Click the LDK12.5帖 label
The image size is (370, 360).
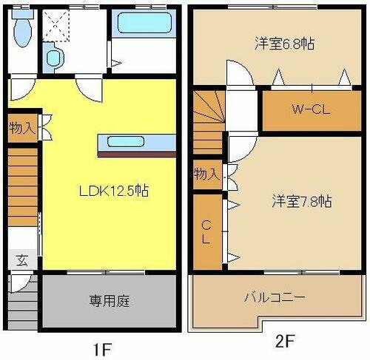coord(115,190)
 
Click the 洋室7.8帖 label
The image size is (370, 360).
coord(300,200)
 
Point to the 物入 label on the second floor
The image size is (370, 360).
coord(206,174)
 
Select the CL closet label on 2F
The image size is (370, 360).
coord(206,231)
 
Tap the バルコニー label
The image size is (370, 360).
coord(275,298)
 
